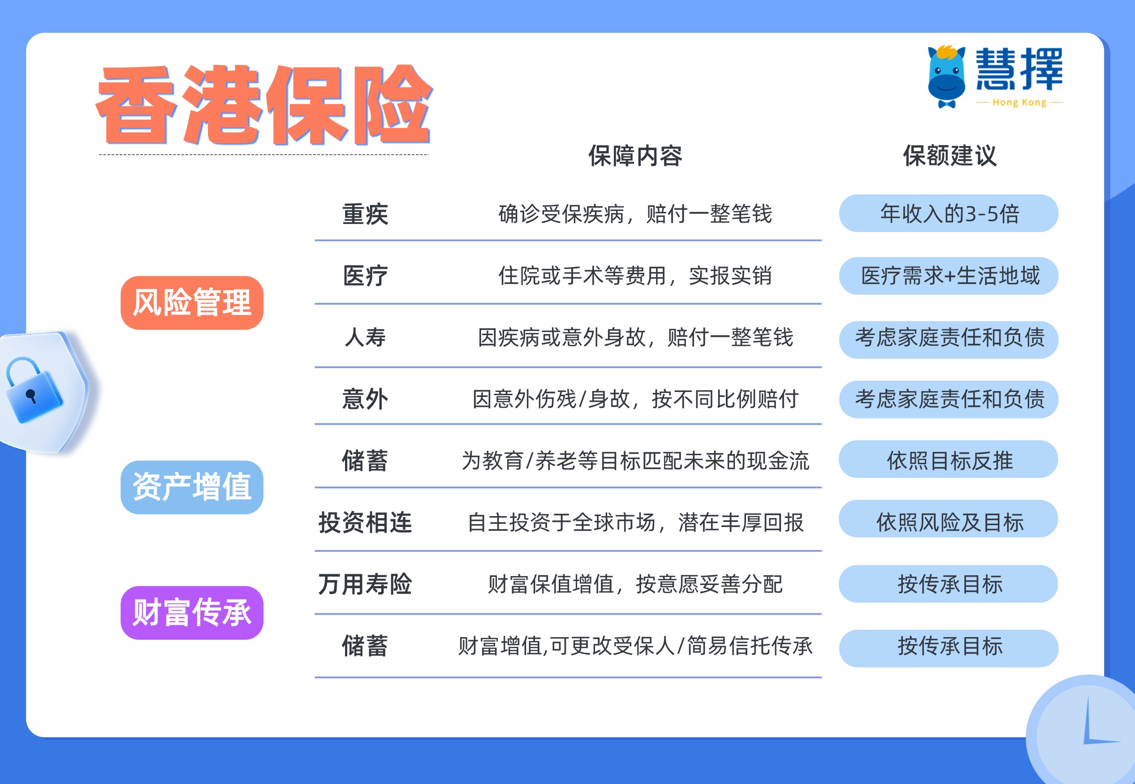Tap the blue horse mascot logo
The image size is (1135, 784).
pos(946,77)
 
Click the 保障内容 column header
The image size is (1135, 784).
pos(635,156)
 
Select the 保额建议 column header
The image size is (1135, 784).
pos(949,156)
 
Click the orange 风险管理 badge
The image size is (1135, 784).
pos(192,302)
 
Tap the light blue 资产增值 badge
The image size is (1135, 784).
pos(192,487)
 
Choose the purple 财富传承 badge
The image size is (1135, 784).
pos(192,612)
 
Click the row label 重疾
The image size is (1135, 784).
pos(365,214)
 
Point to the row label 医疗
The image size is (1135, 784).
pos(365,276)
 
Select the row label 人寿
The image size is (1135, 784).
pos(365,337)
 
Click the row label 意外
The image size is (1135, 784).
pos(365,399)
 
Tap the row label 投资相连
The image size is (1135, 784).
pos(365,522)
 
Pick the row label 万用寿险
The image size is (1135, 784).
pos(365,584)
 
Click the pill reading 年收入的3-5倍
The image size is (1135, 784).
pos(948,213)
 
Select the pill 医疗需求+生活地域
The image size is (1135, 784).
pos(948,276)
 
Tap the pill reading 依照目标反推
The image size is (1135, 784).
pos(948,460)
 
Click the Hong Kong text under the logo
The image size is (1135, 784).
pos(1019,103)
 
